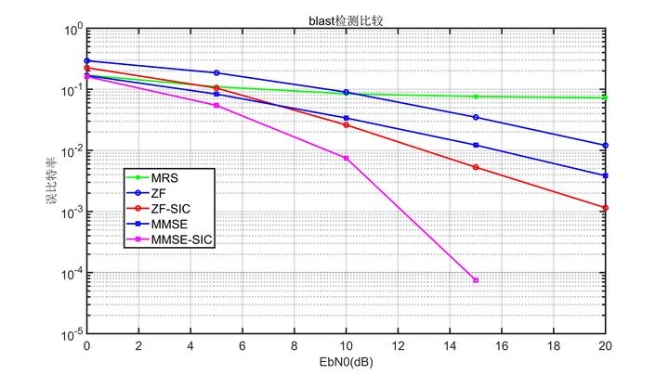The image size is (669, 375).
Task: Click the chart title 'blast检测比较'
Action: click(346, 19)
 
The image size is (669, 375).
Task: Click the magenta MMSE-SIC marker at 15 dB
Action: click(476, 279)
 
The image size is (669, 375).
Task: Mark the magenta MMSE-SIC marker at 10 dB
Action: click(346, 158)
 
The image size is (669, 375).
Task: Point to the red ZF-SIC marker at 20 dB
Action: click(605, 208)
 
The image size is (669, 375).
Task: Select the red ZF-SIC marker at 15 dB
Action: click(476, 167)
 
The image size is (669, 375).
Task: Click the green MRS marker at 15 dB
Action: click(476, 97)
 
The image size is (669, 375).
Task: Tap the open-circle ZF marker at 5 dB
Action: click(216, 72)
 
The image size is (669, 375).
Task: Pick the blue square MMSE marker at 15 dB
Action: click(476, 145)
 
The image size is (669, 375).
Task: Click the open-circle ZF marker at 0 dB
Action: click(86, 61)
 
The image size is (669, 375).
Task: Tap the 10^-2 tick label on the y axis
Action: click(71, 151)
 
